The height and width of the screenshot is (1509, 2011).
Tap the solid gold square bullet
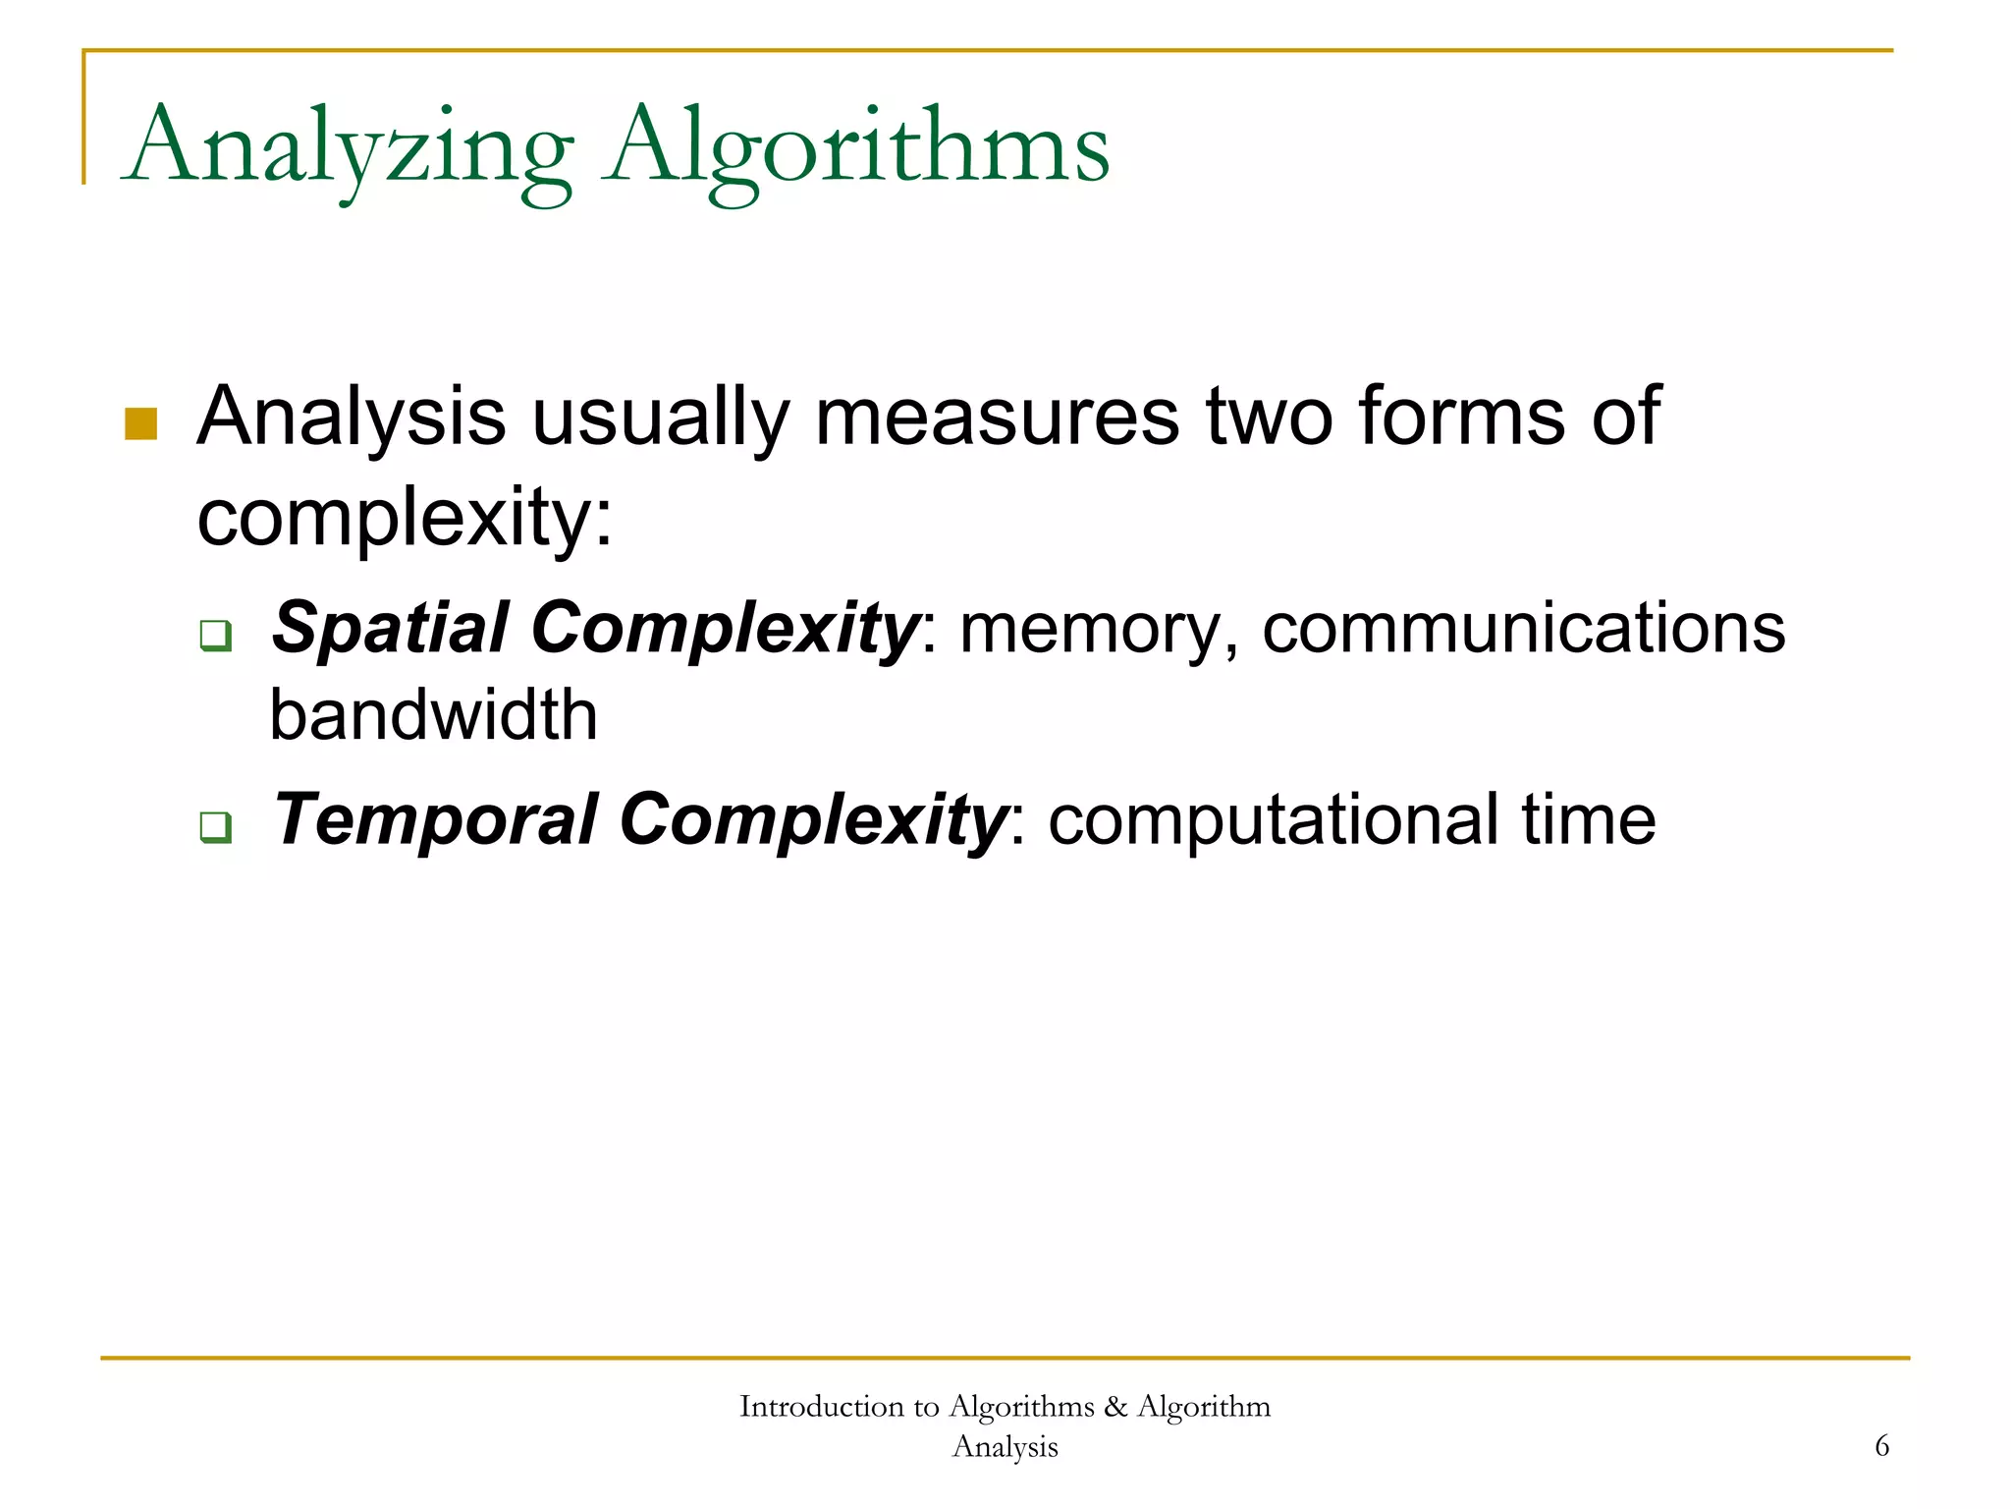coord(141,423)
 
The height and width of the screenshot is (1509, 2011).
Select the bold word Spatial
coord(390,629)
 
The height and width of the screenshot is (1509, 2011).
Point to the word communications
coord(1523,629)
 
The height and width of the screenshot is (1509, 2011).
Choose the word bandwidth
coord(433,715)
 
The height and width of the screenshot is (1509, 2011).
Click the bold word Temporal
coord(435,820)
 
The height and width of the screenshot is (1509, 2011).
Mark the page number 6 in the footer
coord(1881,1446)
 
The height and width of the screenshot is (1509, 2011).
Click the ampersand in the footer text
coord(1114,1407)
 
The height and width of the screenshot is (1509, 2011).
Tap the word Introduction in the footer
coord(821,1407)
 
